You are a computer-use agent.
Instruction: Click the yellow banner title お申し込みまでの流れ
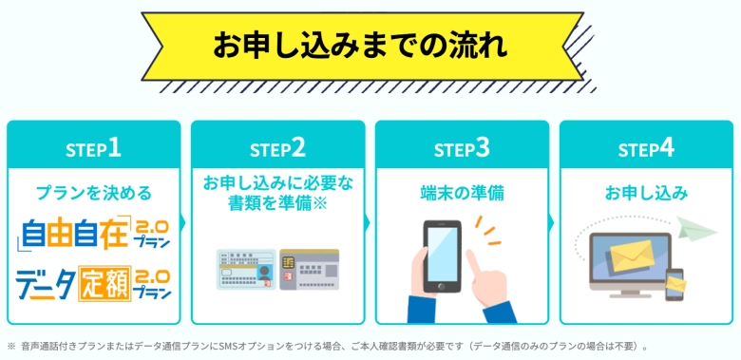pos(360,46)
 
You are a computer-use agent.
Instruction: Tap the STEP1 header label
pos(93,149)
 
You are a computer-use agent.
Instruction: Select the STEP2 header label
pos(277,149)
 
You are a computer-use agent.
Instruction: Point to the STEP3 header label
pos(463,149)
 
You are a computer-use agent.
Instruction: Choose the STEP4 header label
pos(646,149)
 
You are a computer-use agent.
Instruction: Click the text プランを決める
pos(93,193)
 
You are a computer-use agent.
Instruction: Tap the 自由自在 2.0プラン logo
pos(93,235)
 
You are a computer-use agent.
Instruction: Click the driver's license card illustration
pos(246,270)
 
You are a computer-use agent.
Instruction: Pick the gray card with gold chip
pos(310,270)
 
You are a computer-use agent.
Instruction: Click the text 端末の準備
pos(463,193)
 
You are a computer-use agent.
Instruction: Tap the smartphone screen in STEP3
pos(442,254)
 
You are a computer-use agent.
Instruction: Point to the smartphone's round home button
pos(442,286)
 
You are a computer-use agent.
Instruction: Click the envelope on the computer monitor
pos(632,256)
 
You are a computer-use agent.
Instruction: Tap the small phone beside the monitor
pos(674,284)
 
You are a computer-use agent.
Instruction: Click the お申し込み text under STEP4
pos(647,193)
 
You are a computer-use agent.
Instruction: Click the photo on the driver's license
pos(264,274)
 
